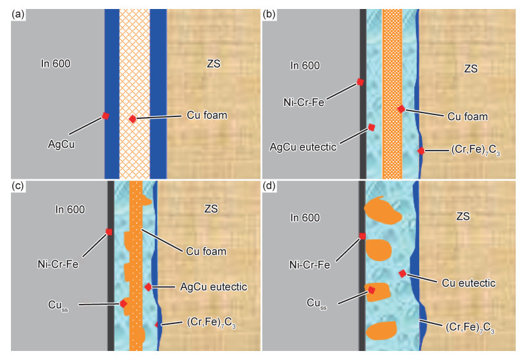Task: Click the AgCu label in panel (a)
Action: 62,145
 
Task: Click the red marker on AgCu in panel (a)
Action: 105,116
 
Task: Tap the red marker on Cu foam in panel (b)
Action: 401,109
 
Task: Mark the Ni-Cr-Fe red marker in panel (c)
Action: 109,231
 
